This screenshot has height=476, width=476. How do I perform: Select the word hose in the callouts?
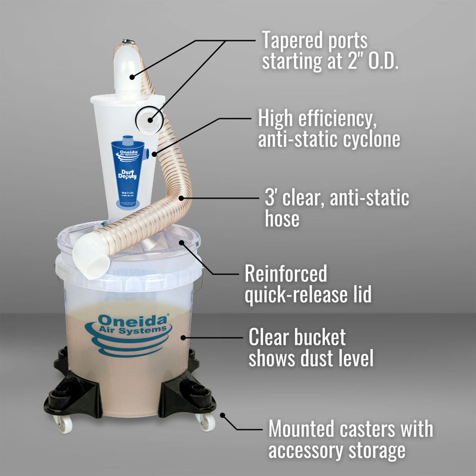[282, 219]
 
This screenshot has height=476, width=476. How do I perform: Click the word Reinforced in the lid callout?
[286, 274]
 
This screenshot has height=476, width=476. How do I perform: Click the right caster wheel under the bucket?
[206, 422]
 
